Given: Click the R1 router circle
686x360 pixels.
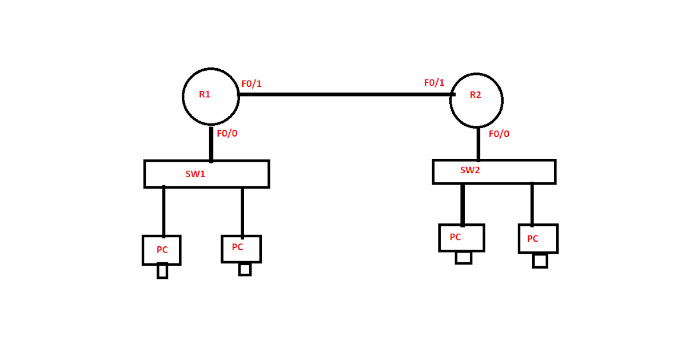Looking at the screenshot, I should click(210, 97).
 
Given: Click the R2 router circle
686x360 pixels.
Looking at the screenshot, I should click(476, 100).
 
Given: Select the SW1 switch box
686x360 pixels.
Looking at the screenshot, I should click(206, 174).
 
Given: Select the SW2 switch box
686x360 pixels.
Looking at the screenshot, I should click(494, 171).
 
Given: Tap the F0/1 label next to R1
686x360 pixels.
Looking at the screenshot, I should click(252, 84).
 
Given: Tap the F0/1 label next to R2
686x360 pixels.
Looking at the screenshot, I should click(434, 83).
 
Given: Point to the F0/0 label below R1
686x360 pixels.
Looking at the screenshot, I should click(227, 134).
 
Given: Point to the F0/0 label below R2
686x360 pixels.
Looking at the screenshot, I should click(499, 134).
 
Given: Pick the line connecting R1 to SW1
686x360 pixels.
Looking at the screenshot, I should click(211, 143).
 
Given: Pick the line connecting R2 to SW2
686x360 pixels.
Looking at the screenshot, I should click(478, 143).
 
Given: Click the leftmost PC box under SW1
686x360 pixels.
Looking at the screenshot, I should click(162, 250).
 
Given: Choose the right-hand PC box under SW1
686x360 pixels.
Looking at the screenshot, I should click(241, 249).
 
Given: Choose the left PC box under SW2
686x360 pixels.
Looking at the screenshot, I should click(461, 238).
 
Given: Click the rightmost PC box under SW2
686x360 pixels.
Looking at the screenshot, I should click(538, 239).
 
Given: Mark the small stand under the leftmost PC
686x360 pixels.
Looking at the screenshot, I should click(162, 271).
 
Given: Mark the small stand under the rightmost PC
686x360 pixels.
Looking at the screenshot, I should click(540, 261).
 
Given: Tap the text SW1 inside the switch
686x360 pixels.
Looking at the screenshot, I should click(195, 174).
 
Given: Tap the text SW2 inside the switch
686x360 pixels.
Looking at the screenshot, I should click(470, 170).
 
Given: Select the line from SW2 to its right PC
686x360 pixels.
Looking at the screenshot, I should click(532, 204).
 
